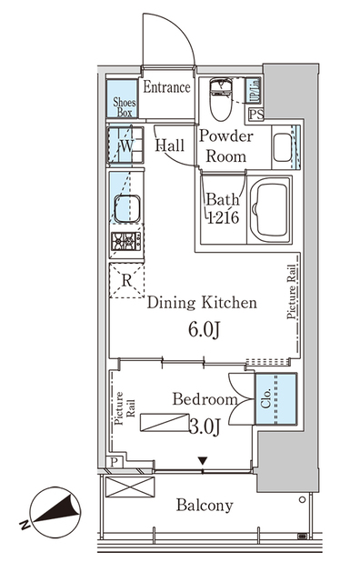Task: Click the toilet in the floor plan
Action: tap(220, 99)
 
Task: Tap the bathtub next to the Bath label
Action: tap(270, 210)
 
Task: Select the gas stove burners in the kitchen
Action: tap(126, 241)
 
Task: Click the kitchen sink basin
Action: tap(127, 208)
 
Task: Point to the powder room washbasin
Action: tap(283, 147)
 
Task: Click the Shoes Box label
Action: tap(125, 107)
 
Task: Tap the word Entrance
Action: tap(167, 87)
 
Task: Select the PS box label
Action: tap(256, 115)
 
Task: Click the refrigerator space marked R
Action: tap(127, 281)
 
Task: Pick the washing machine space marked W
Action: tap(125, 145)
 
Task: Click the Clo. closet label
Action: tap(266, 398)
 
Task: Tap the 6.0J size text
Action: tap(205, 329)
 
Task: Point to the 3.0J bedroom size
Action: tap(205, 426)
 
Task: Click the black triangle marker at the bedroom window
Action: tap(202, 461)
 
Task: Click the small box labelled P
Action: tap(115, 462)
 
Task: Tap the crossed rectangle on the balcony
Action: tap(130, 487)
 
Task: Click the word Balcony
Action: tap(205, 506)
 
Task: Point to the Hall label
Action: tap(170, 145)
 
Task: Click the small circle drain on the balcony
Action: tap(302, 499)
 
